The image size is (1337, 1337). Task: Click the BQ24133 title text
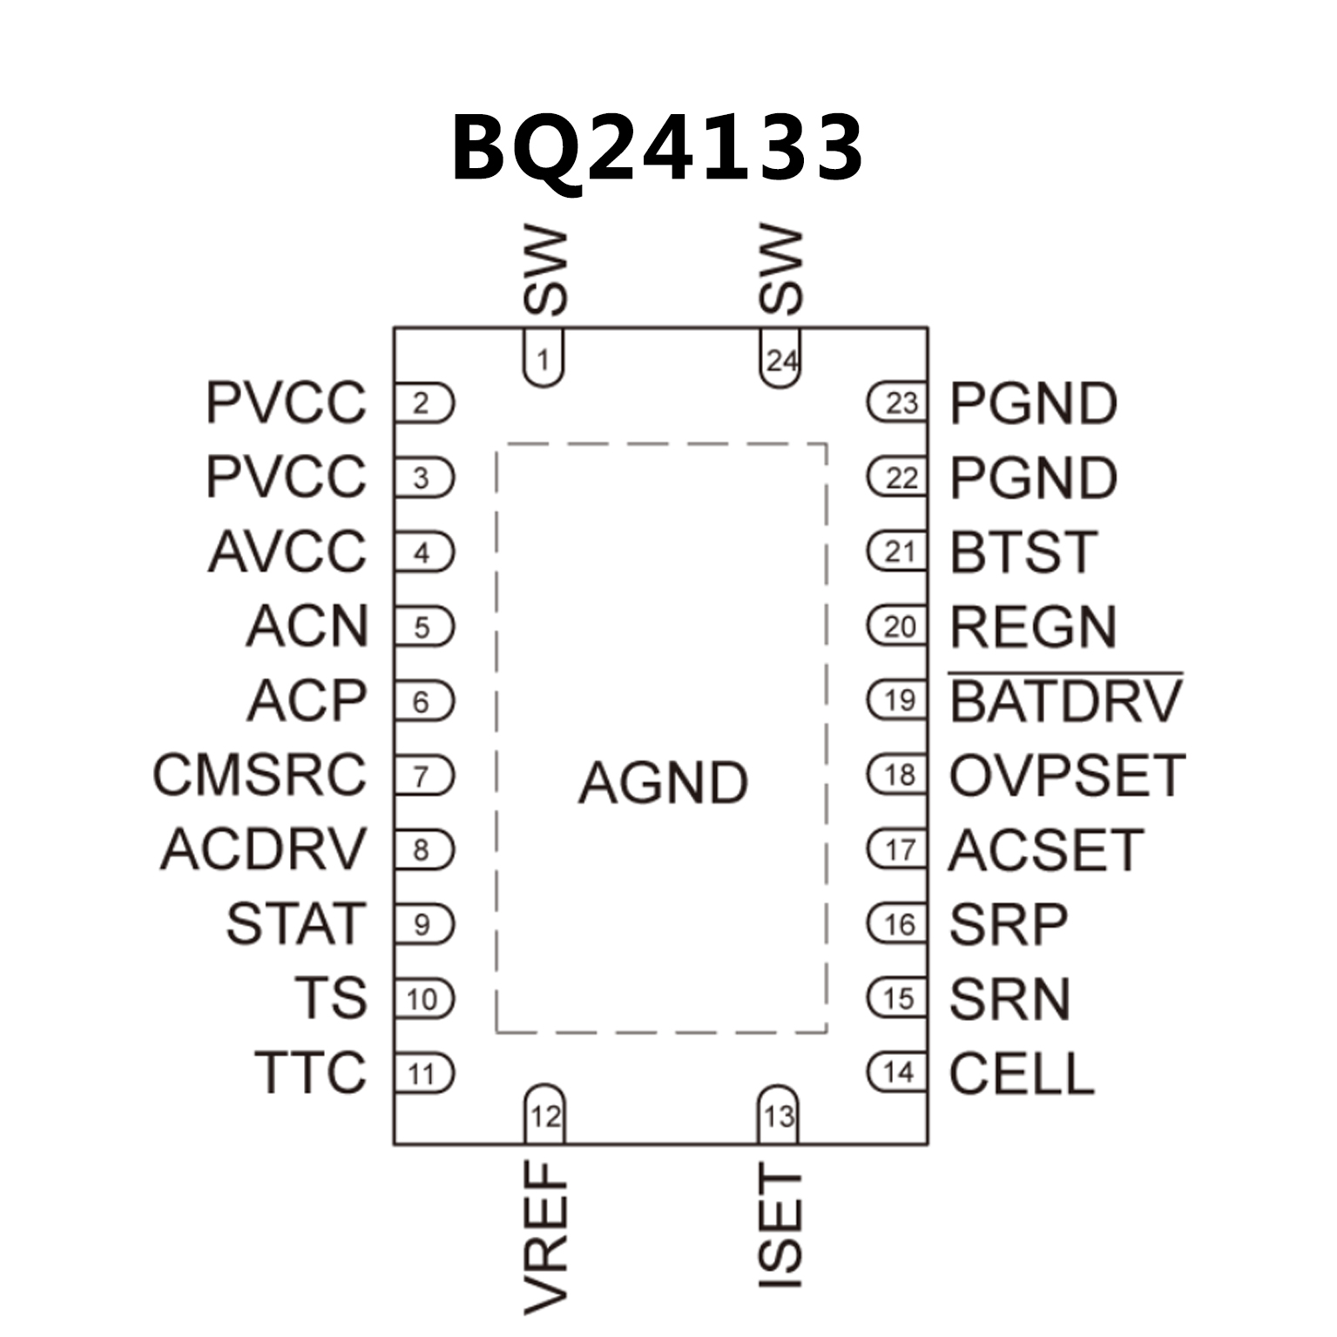point(657,148)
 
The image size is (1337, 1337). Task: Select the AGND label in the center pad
point(663,782)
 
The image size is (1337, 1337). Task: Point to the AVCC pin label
point(287,552)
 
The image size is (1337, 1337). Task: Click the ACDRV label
point(263,849)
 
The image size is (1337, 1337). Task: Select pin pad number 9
point(423,924)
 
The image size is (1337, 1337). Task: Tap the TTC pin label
point(310,1072)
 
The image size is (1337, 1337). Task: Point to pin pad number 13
point(779,1116)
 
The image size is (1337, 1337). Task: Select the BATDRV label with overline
point(1065,701)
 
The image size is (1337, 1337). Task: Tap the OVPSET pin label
point(1067,775)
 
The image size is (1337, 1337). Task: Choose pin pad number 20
point(898,626)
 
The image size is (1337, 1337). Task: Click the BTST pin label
point(1023,552)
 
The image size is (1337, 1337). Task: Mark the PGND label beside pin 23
point(1033,403)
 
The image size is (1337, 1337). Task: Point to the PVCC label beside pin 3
point(286,477)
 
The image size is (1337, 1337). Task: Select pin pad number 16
point(898,924)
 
